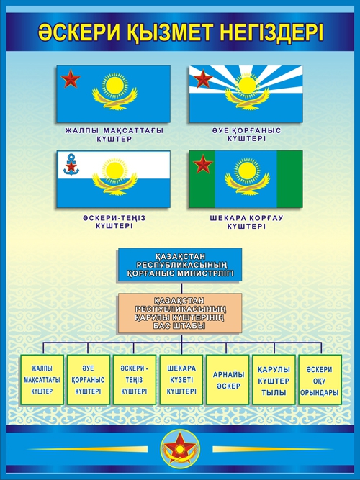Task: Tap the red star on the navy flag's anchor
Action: click(x=71, y=166)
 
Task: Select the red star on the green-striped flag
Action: click(x=203, y=164)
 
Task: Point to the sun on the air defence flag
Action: click(x=247, y=86)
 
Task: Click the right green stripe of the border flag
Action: click(x=290, y=179)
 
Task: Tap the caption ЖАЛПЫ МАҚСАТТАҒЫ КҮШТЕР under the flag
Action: click(x=114, y=135)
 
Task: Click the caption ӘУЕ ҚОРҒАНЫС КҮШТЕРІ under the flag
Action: click(x=246, y=135)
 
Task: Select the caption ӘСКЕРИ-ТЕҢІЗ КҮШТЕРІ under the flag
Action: click(x=114, y=222)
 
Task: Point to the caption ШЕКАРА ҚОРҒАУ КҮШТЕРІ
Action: click(x=246, y=222)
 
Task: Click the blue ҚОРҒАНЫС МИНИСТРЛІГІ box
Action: click(x=180, y=265)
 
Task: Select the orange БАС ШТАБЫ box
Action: click(x=180, y=313)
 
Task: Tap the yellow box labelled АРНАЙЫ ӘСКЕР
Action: click(x=228, y=379)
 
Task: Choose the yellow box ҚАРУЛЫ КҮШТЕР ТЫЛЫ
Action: click(x=274, y=379)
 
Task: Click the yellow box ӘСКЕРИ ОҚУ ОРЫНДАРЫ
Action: click(x=320, y=379)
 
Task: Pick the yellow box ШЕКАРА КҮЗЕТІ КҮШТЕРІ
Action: click(x=181, y=379)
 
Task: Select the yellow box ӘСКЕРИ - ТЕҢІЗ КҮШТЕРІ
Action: click(x=135, y=379)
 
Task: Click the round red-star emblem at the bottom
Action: click(x=181, y=449)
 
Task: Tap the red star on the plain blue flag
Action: click(x=71, y=78)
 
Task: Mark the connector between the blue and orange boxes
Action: click(x=181, y=287)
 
